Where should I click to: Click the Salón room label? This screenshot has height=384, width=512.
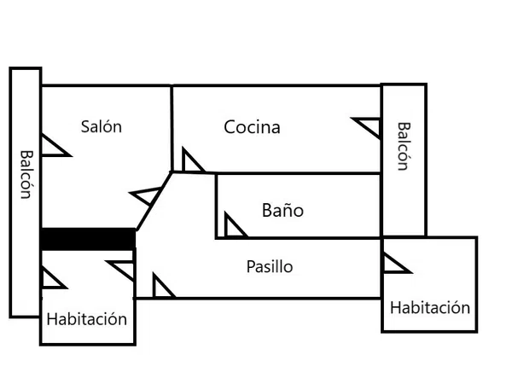[102, 126]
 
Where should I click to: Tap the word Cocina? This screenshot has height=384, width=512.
[252, 127]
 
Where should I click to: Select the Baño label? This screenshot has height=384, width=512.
[282, 210]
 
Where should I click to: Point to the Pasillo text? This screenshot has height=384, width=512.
[270, 267]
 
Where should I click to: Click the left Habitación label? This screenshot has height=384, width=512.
[86, 319]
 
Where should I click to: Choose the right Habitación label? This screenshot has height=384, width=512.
[430, 308]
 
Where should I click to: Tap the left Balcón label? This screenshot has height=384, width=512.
[26, 175]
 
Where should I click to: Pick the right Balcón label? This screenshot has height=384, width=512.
[404, 146]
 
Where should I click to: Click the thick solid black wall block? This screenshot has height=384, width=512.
[88, 239]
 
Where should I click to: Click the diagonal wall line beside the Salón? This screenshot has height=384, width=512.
[154, 201]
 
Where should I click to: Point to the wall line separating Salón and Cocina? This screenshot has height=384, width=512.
[172, 128]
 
